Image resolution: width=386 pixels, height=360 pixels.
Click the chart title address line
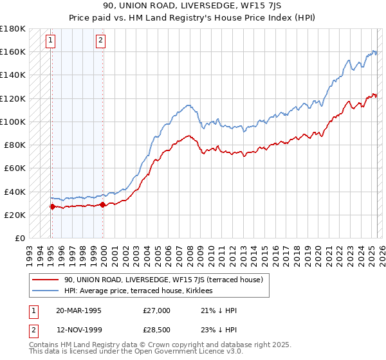pos(192,6)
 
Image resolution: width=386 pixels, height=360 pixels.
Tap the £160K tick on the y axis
pos(13,51)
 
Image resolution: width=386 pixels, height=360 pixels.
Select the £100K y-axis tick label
pos(13,122)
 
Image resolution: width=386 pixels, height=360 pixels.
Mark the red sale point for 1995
pos(52,206)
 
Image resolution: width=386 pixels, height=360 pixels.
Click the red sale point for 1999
pos(103,204)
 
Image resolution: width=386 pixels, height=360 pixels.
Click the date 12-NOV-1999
pos(78,330)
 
